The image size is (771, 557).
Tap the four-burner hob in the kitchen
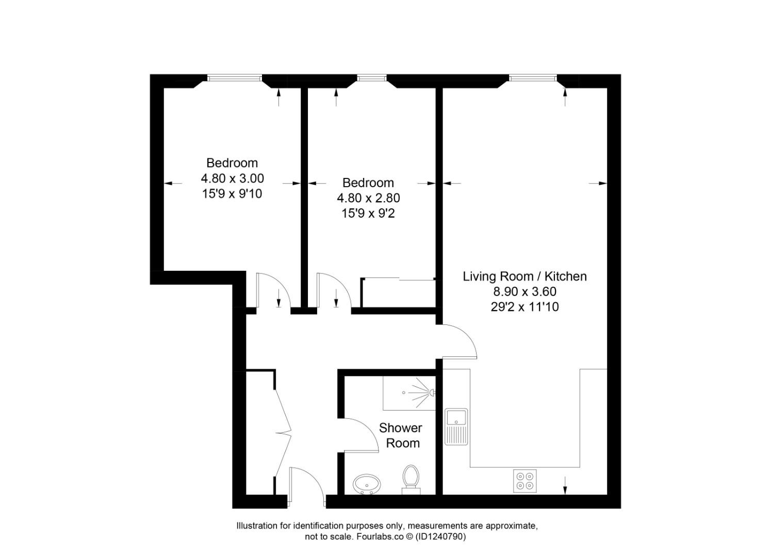tap(525, 480)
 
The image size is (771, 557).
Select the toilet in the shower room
tap(411, 478)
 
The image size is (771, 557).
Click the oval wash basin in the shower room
tap(367, 484)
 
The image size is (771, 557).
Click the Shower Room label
tap(400, 435)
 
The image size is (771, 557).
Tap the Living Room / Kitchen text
tap(524, 276)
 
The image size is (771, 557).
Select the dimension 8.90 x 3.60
tap(524, 291)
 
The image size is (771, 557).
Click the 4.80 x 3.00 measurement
tap(232, 178)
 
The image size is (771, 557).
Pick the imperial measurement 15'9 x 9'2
tap(368, 213)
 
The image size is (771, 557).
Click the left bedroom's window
tap(235, 78)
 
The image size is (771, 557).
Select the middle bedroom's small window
tap(371, 78)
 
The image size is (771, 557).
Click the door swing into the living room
tap(460, 341)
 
